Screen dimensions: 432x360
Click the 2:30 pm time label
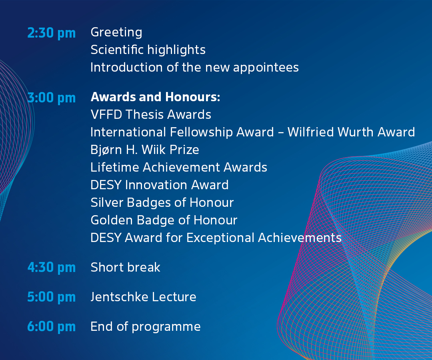click(52, 33)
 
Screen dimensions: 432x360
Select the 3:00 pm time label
click(52, 98)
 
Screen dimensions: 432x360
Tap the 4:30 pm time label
click(52, 268)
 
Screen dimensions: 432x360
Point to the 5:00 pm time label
click(52, 297)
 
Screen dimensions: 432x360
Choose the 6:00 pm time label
click(52, 327)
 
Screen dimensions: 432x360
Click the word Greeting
click(116, 33)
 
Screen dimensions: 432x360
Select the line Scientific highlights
click(148, 50)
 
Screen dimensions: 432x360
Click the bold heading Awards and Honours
click(155, 97)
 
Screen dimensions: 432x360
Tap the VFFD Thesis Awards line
click(151, 114)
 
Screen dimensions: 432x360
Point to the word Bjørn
click(106, 150)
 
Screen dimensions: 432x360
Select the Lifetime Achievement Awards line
click(179, 167)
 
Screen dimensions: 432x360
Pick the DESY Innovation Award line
click(160, 185)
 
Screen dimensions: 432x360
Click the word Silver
click(107, 202)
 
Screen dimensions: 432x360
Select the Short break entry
click(125, 267)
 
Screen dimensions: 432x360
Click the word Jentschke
click(119, 297)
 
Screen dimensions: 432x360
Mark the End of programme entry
click(146, 327)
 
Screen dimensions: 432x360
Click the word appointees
click(266, 68)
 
